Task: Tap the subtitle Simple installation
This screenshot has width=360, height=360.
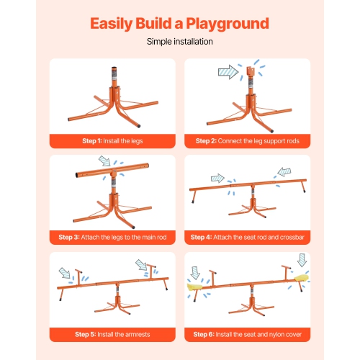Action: tap(179, 42)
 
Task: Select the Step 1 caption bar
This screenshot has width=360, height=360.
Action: tap(112, 140)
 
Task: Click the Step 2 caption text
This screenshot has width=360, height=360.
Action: tap(247, 140)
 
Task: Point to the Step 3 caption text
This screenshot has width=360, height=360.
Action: tap(112, 236)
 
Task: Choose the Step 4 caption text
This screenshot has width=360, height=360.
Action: tap(247, 236)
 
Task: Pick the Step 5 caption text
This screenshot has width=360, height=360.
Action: tap(112, 333)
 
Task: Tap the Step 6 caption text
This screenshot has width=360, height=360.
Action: tap(247, 333)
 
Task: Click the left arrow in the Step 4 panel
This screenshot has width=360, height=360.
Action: tap(217, 178)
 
